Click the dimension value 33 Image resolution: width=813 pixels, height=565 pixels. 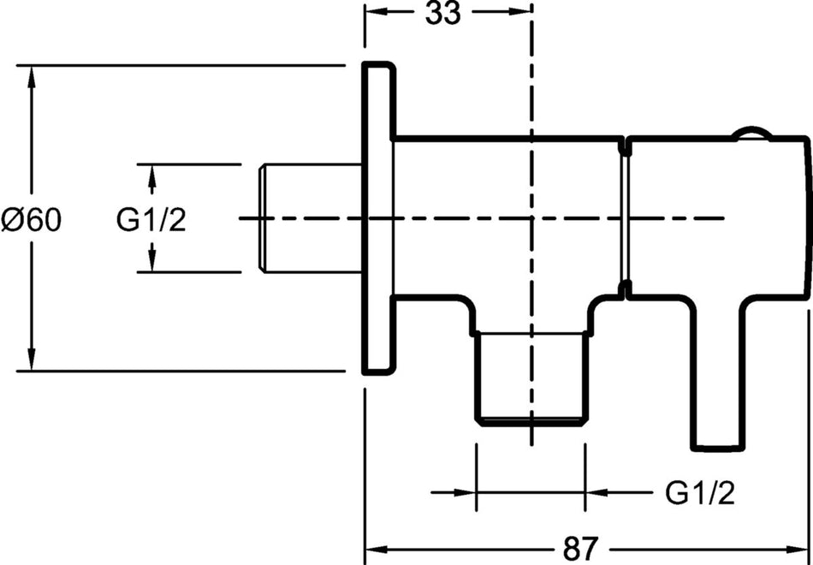tap(442, 13)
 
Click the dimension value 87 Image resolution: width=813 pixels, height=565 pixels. tap(580, 549)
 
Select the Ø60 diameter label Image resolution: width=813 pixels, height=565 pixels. tap(32, 220)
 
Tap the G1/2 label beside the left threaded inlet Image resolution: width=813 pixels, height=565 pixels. tap(151, 220)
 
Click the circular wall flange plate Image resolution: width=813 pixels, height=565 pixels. tap(378, 218)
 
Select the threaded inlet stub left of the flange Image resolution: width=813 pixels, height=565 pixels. tap(311, 218)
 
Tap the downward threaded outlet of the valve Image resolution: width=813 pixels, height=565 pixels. tap(532, 378)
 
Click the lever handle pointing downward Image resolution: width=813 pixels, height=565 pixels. tap(719, 373)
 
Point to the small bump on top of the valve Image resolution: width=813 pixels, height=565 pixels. tap(752, 133)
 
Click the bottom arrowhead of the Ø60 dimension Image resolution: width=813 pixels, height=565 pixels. tap(32, 360)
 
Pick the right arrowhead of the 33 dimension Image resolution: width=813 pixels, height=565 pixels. tap(520, 11)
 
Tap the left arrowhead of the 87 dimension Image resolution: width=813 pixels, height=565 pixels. tap(377, 549)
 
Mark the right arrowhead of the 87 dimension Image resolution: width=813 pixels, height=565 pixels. tap(797, 549)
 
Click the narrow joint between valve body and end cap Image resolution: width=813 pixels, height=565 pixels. tap(625, 218)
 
